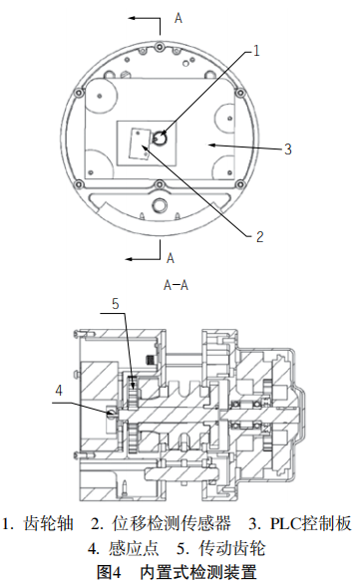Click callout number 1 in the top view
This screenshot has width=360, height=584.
[256, 50]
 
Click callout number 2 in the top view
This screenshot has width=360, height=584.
[259, 236]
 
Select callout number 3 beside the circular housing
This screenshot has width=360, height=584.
[288, 148]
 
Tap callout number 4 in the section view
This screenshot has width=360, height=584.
[59, 391]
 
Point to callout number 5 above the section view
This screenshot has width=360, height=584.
[116, 304]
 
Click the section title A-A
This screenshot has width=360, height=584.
[176, 285]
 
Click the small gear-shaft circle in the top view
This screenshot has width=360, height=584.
[161, 139]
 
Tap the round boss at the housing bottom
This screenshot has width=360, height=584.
[160, 204]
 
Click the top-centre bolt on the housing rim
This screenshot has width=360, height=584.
[160, 47]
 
